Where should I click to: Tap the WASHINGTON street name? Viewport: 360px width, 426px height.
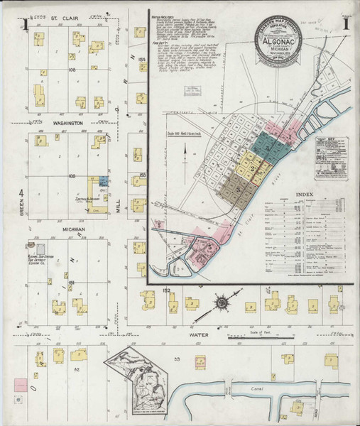pos(68,123)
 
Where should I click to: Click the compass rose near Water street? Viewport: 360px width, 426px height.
pos(222,303)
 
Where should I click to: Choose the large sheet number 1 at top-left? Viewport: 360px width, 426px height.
pos(23,26)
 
